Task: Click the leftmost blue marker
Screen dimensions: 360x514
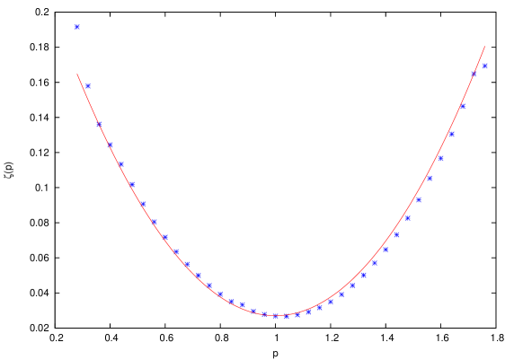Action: (77, 27)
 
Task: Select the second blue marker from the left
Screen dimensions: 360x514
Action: (88, 86)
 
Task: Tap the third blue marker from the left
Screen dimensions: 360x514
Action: (99, 124)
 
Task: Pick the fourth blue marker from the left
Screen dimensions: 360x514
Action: (110, 144)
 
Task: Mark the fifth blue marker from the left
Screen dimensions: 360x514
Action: (120, 163)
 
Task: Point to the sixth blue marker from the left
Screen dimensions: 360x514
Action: (131, 184)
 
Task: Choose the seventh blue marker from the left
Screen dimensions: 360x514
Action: (142, 204)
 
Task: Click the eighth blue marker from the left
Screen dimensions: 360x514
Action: (154, 221)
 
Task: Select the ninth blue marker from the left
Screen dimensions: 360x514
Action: (165, 237)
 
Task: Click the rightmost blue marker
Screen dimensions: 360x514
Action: (485, 66)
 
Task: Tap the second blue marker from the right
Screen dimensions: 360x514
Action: (474, 74)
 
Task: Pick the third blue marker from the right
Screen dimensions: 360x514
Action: (463, 106)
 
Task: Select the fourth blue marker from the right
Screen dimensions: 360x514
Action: (451, 134)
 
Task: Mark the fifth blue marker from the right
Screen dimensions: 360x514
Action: (440, 158)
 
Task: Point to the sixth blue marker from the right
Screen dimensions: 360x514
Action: (430, 178)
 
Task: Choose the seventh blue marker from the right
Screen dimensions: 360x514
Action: (419, 199)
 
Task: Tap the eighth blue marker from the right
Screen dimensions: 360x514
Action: (408, 217)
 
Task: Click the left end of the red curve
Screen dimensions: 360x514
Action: (77, 75)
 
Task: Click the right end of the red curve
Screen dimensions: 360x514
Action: (485, 47)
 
